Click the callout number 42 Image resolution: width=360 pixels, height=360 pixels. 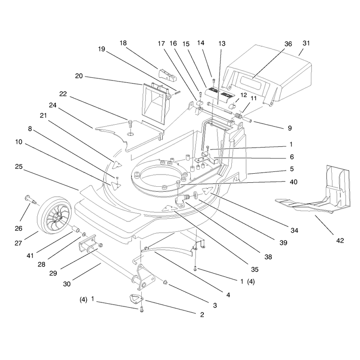click(340, 240)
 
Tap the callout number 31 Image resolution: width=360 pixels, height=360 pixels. click(306, 43)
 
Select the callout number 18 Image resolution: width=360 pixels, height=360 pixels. click(123, 43)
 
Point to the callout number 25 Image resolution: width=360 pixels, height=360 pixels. click(19, 166)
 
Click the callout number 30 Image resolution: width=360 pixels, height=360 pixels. click(67, 284)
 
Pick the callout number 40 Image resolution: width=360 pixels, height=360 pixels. click(294, 182)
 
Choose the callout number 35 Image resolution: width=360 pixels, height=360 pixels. click(255, 269)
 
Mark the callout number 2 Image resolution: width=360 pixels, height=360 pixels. click(202, 315)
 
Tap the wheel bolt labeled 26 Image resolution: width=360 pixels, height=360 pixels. click(30, 199)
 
